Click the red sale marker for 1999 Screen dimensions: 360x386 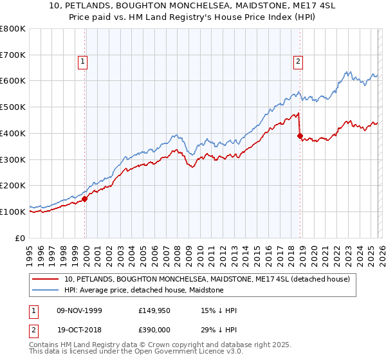85,199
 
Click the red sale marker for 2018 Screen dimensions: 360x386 300,136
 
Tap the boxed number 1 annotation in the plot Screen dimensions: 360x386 84,62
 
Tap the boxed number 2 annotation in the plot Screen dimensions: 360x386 299,62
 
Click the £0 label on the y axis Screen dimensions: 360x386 20,238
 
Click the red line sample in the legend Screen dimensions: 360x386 46,279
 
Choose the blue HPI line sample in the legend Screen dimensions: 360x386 46,290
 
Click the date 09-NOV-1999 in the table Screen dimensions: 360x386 79,311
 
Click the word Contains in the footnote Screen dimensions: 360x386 46,345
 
